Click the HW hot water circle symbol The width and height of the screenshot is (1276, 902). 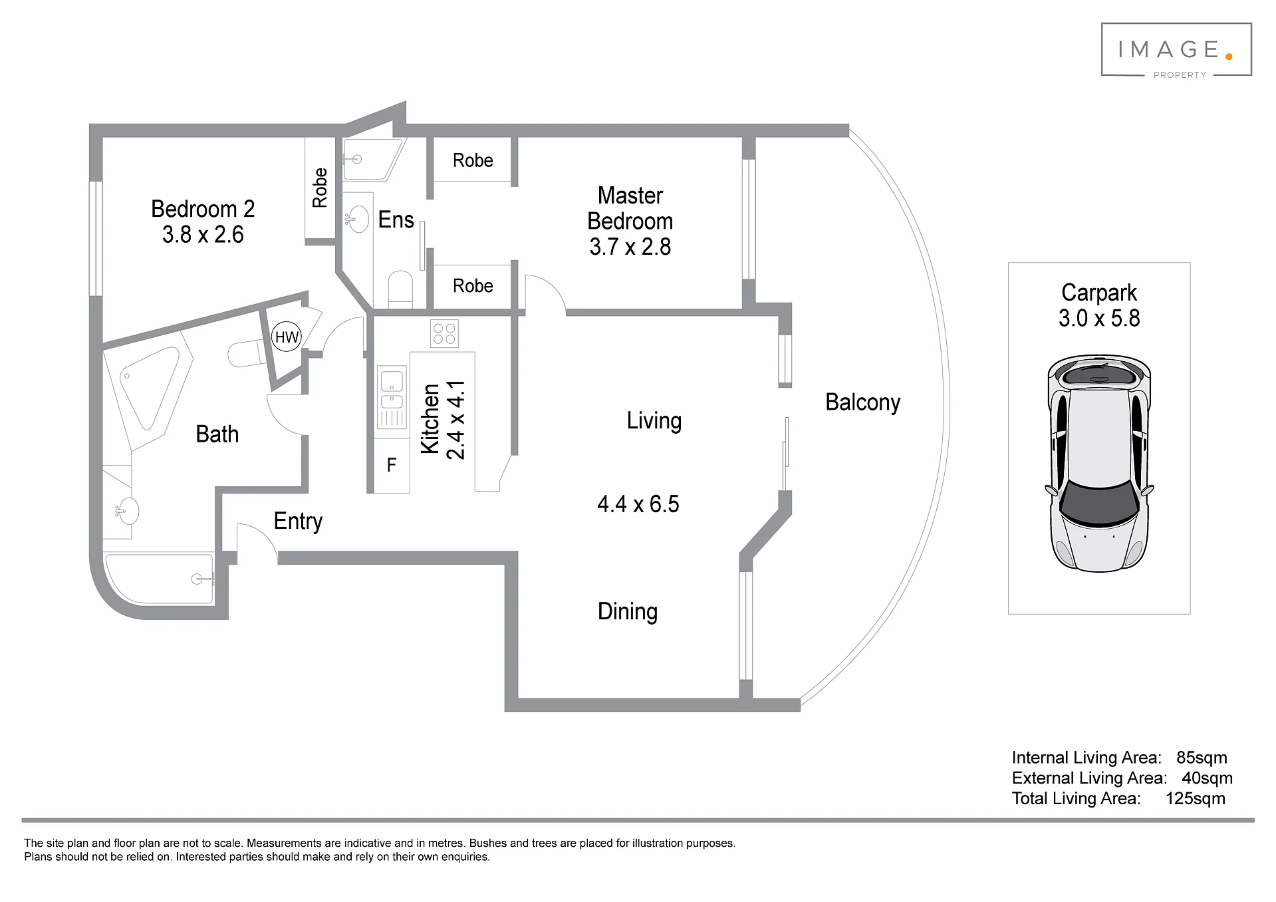[287, 337]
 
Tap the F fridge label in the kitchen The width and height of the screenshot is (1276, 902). [392, 465]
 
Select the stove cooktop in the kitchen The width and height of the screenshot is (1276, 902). [444, 334]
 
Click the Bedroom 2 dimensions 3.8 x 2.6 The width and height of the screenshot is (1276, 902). [203, 235]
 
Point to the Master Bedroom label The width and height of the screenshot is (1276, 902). [630, 208]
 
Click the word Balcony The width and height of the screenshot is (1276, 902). [862, 402]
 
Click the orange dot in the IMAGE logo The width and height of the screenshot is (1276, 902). [1228, 57]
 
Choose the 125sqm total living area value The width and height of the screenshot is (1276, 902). [1195, 799]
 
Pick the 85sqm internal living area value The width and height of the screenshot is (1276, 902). [1202, 758]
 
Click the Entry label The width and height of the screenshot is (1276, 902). [298, 521]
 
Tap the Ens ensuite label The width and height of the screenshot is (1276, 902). [396, 220]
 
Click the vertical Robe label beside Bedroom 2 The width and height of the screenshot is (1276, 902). [320, 188]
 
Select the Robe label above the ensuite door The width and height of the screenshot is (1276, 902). [473, 160]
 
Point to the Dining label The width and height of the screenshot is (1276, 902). [627, 611]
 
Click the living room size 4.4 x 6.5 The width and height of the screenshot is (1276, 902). [638, 504]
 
